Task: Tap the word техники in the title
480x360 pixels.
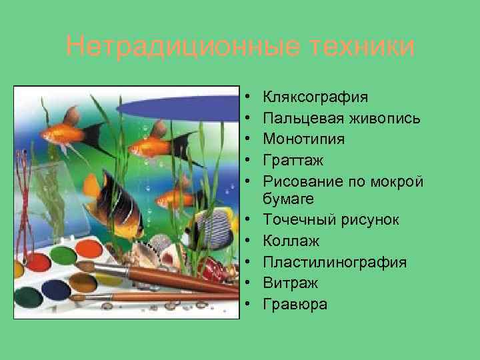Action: pyautogui.click(x=355, y=47)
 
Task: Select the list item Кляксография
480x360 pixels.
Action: pyautogui.click(x=315, y=97)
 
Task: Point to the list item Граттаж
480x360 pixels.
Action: pyautogui.click(x=292, y=159)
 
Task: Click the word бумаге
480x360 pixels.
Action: pyautogui.click(x=289, y=200)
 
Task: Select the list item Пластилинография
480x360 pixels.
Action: pyautogui.click(x=335, y=263)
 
